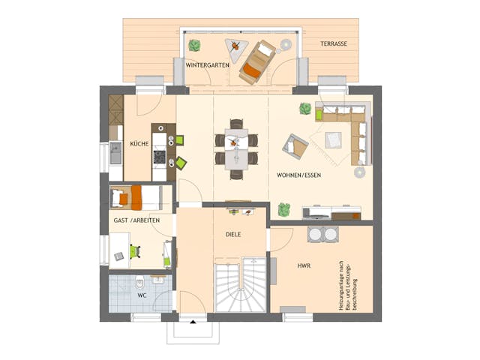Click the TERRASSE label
(334, 44)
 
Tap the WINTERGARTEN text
(208, 65)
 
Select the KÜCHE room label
(139, 143)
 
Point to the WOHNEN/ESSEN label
(299, 175)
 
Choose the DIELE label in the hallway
(233, 235)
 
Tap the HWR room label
(303, 265)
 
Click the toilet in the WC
(140, 284)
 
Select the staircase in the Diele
(240, 286)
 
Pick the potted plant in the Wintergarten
(194, 45)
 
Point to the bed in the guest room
(127, 197)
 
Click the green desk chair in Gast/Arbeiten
(135, 251)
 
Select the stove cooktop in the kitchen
(159, 156)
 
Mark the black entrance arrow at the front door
(193, 319)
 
